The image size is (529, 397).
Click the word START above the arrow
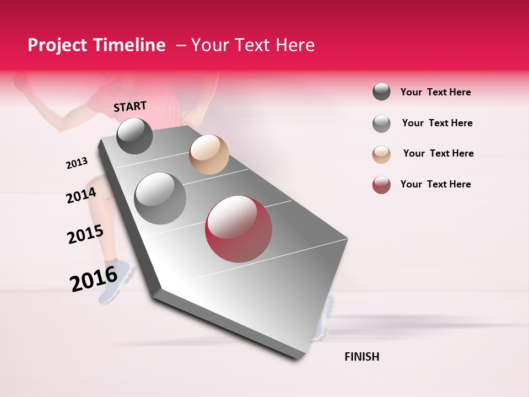tap(130, 106)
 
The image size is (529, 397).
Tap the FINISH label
tap(361, 357)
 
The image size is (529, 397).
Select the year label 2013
tap(77, 163)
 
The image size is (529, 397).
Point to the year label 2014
tap(81, 195)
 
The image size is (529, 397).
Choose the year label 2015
tap(85, 234)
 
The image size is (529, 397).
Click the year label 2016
tap(94, 278)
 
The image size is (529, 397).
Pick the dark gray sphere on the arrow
tap(134, 136)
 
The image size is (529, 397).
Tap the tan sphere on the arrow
tap(209, 154)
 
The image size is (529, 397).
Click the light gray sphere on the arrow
tap(160, 198)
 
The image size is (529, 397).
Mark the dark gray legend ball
tap(381, 92)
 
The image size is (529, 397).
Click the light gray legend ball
tap(381, 124)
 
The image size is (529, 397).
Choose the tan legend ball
tap(381, 154)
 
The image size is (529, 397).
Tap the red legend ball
tap(381, 185)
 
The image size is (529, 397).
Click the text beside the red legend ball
tap(435, 184)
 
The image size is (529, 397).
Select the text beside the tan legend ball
tap(438, 153)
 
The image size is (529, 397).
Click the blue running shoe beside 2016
tap(117, 284)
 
